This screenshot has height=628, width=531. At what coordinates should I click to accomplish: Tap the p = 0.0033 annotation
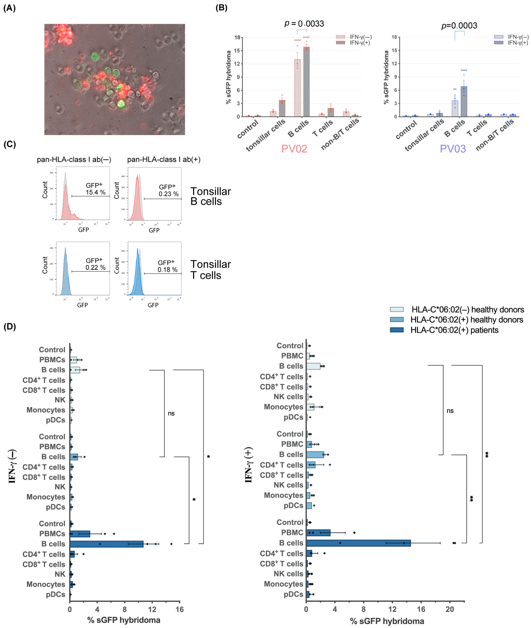[304, 23]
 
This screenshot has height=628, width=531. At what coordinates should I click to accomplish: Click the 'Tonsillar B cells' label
[210, 196]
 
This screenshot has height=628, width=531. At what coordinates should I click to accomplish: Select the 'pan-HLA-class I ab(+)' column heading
[164, 159]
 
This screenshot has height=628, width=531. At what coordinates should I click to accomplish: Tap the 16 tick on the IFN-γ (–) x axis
[180, 609]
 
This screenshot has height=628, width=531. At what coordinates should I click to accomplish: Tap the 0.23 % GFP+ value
[169, 194]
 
